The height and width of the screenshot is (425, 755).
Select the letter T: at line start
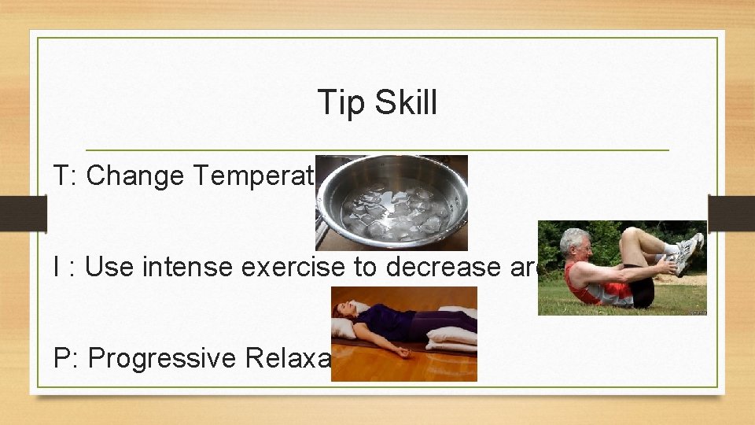[x=64, y=176]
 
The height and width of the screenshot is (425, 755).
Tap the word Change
[x=134, y=176]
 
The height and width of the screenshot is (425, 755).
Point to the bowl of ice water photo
[x=392, y=202]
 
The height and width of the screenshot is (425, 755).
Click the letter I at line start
[x=58, y=268]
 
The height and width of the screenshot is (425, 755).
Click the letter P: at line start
[x=64, y=358]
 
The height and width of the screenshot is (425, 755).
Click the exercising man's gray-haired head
[x=577, y=246]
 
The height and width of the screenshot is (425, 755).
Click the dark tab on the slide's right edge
[x=731, y=213]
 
